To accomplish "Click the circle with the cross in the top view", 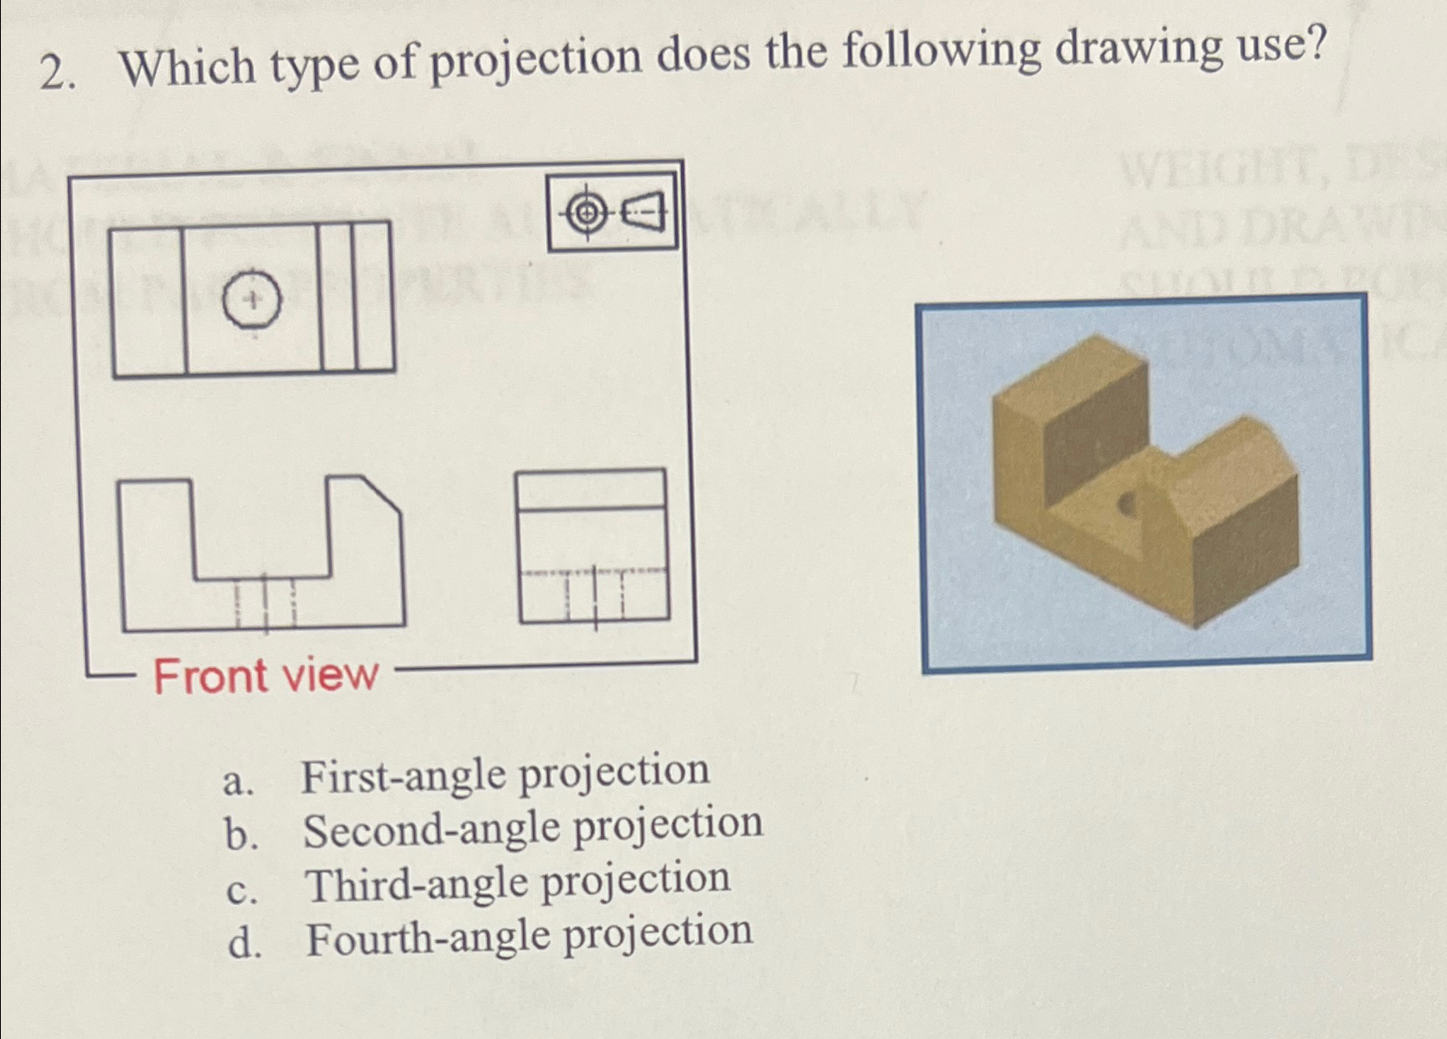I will tap(252, 300).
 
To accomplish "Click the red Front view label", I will tap(265, 676).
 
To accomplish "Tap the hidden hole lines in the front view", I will tap(265, 602).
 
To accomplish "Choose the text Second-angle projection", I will tap(532, 828).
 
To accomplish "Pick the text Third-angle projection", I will tap(517, 882).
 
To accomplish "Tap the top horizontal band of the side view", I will tap(592, 489).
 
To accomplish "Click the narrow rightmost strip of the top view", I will tap(374, 296).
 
